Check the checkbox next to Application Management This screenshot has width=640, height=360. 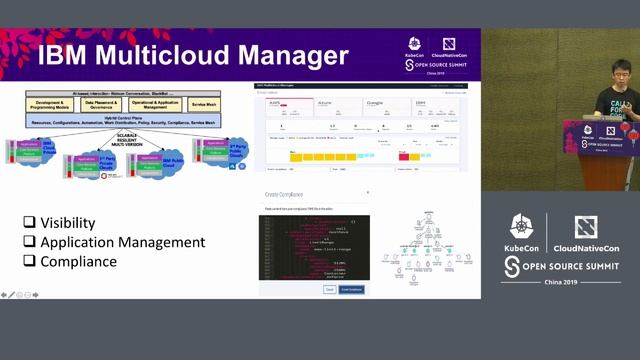coord(30,242)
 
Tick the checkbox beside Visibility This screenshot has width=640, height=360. coord(30,222)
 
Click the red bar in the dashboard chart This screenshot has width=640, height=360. coord(404,156)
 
